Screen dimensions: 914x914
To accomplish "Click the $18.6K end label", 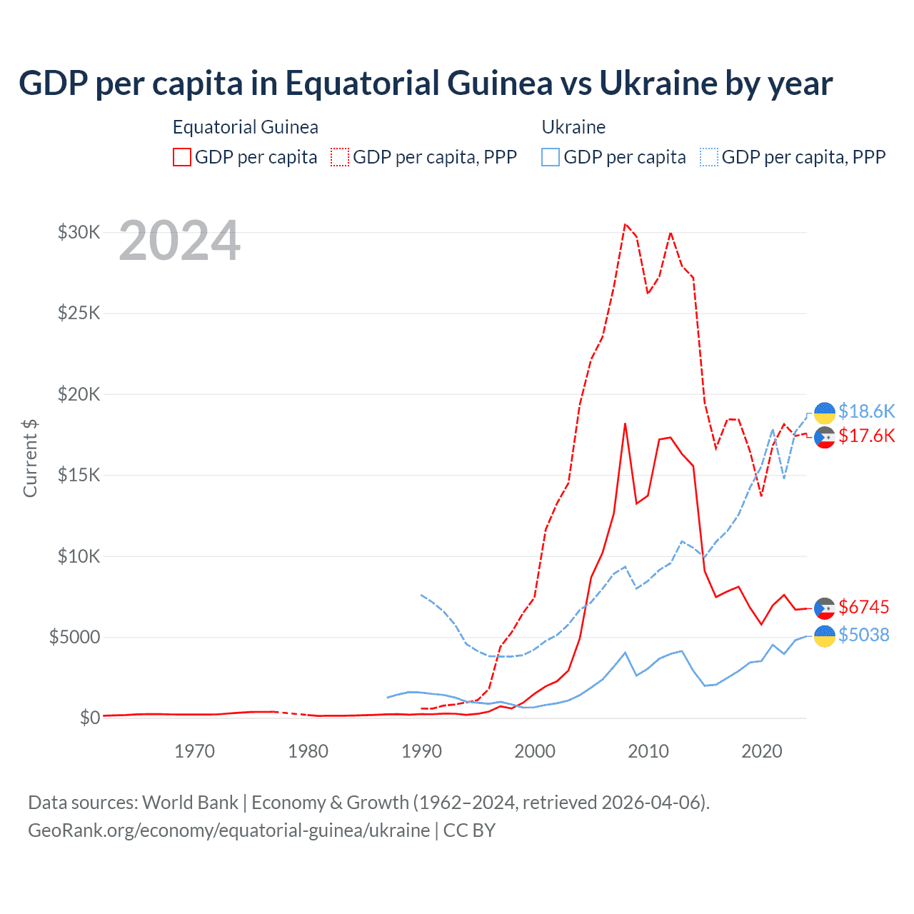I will pyautogui.click(x=866, y=411).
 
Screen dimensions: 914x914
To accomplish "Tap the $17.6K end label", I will pyautogui.click(x=866, y=436).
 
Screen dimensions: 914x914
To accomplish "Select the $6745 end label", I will pyautogui.click(x=863, y=607).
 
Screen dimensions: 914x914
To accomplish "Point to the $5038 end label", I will pyautogui.click(x=863, y=635).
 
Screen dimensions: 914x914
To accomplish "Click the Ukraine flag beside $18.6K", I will pyautogui.click(x=825, y=413).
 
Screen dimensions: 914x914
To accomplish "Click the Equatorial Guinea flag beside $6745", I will pyautogui.click(x=825, y=608).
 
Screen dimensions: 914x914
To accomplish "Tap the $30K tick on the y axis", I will pyautogui.click(x=79, y=233).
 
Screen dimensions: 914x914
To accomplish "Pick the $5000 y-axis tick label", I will pyautogui.click(x=75, y=637).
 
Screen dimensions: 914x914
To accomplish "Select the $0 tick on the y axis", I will pyautogui.click(x=89, y=718).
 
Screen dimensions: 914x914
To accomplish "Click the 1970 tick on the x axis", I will pyautogui.click(x=195, y=751).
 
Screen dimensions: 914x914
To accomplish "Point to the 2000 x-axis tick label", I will pyautogui.click(x=535, y=751).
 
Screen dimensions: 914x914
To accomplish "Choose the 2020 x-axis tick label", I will pyautogui.click(x=762, y=751).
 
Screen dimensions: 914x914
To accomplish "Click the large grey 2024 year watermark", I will pyautogui.click(x=179, y=241).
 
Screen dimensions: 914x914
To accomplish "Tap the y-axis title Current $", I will pyautogui.click(x=30, y=458).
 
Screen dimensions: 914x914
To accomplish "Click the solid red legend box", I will pyautogui.click(x=182, y=157).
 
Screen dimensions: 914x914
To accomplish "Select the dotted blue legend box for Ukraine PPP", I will pyautogui.click(x=709, y=157).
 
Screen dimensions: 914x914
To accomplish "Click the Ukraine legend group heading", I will pyautogui.click(x=573, y=127).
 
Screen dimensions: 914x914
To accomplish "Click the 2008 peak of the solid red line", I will pyautogui.click(x=625, y=423).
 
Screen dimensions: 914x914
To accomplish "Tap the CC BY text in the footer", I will pyautogui.click(x=469, y=830).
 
